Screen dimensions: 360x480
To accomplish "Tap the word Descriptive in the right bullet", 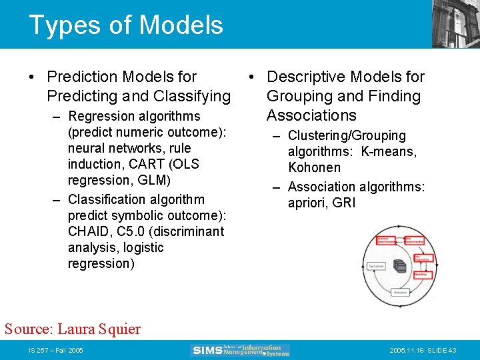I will pyautogui.click(x=306, y=77).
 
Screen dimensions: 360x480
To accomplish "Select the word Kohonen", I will pyautogui.click(x=314, y=167).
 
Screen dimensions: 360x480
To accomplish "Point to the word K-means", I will pyautogui.click(x=389, y=151).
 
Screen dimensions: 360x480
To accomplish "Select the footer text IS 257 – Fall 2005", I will pyautogui.click(x=55, y=351).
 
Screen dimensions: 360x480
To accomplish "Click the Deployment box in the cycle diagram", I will pyautogui.click(x=376, y=265).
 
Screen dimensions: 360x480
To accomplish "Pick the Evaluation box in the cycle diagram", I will pyautogui.click(x=400, y=292).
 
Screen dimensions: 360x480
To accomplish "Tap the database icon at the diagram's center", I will pyautogui.click(x=399, y=265).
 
